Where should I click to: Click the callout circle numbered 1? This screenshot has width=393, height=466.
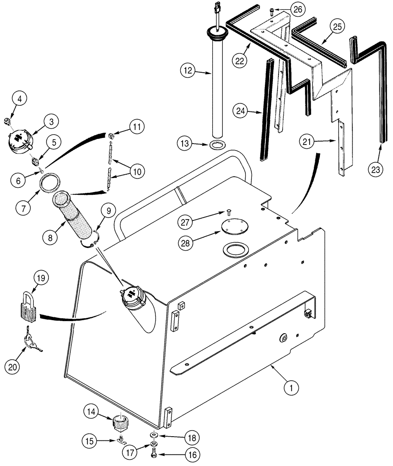click(292, 386)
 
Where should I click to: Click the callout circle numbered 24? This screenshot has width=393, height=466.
click(241, 111)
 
